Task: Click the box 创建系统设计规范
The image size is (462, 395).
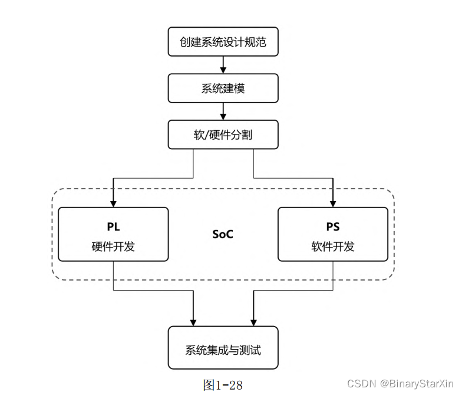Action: click(223, 42)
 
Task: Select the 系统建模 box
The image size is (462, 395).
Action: click(223, 88)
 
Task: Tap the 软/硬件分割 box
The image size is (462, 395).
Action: click(223, 134)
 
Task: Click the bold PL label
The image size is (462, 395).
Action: click(113, 227)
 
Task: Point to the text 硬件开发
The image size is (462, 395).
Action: click(113, 246)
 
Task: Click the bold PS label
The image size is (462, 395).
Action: click(333, 227)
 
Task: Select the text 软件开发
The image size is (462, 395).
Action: click(333, 246)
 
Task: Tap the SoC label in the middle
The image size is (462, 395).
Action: click(223, 234)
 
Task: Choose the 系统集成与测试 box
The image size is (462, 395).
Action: click(223, 350)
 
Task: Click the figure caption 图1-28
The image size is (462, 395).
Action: click(223, 385)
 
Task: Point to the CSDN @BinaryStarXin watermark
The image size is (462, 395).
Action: click(401, 384)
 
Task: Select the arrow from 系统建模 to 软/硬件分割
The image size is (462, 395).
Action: click(223, 111)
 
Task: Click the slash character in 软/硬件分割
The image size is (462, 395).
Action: click(206, 135)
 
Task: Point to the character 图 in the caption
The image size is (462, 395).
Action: click(209, 385)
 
